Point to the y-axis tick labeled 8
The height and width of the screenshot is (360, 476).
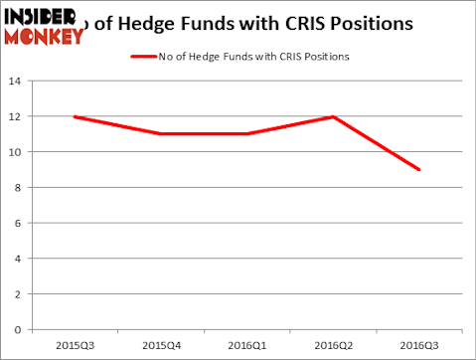pyautogui.click(x=18, y=187)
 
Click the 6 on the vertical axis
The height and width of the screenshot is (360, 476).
pyautogui.click(x=18, y=223)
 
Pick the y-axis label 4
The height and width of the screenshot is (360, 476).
pyautogui.click(x=18, y=258)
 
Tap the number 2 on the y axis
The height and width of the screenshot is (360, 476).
pyautogui.click(x=18, y=293)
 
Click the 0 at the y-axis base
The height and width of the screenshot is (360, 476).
pyautogui.click(x=18, y=328)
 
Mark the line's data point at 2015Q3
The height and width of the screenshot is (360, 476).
pyautogui.click(x=76, y=116)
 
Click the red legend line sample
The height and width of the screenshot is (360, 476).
pyautogui.click(x=145, y=56)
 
